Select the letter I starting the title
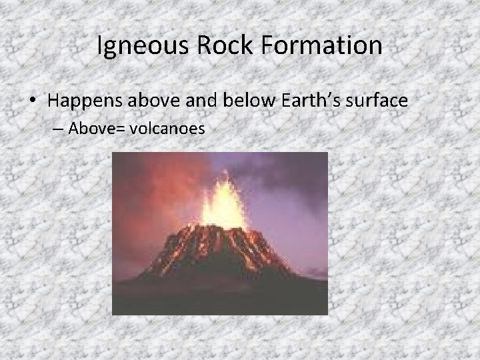click(100, 45)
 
